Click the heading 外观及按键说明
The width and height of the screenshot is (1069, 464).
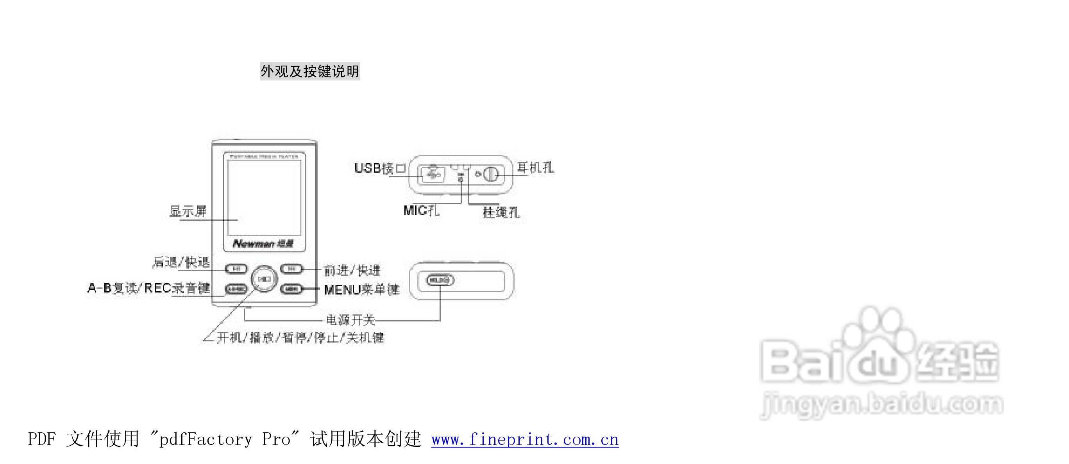click(x=309, y=71)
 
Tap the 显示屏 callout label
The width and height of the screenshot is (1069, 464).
click(x=188, y=211)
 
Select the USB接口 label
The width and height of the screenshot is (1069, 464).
click(x=379, y=168)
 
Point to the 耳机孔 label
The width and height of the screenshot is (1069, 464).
click(x=535, y=168)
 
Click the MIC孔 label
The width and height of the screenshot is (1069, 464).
click(x=421, y=211)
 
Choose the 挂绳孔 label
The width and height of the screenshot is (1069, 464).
click(x=501, y=212)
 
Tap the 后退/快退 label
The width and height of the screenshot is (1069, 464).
click(x=181, y=262)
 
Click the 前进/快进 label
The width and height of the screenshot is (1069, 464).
click(x=352, y=270)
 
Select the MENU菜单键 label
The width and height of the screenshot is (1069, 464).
click(x=361, y=289)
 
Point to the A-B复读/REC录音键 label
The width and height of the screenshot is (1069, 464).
click(x=148, y=288)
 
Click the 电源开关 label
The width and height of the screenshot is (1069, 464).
click(x=350, y=320)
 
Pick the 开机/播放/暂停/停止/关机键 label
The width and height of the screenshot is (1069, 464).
click(x=300, y=337)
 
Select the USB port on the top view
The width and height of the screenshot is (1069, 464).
click(x=432, y=174)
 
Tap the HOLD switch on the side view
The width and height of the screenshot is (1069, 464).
click(x=440, y=280)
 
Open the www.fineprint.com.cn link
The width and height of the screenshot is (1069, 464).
click(x=525, y=439)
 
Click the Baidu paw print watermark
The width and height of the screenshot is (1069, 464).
click(x=876, y=332)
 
